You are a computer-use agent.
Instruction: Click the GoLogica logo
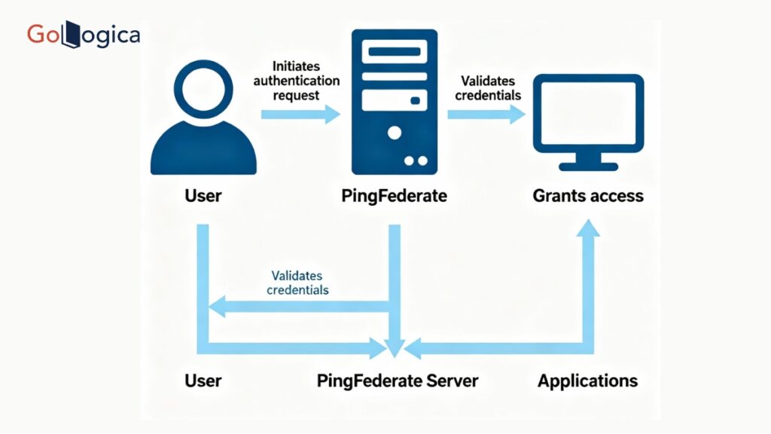(x=83, y=34)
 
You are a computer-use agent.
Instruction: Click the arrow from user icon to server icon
(x=301, y=115)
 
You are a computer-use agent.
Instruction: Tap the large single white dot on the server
(x=394, y=133)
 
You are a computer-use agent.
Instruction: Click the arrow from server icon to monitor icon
(x=486, y=115)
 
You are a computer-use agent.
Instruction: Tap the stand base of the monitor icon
(x=588, y=165)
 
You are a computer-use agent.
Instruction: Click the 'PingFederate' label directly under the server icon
(x=394, y=196)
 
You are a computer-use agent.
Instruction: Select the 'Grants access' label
(x=588, y=196)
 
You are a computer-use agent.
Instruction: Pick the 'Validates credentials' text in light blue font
(x=300, y=283)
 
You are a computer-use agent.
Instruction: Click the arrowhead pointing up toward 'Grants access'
(x=588, y=227)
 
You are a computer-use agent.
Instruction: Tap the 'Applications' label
(x=587, y=381)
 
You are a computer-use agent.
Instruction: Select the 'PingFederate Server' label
(x=397, y=381)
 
